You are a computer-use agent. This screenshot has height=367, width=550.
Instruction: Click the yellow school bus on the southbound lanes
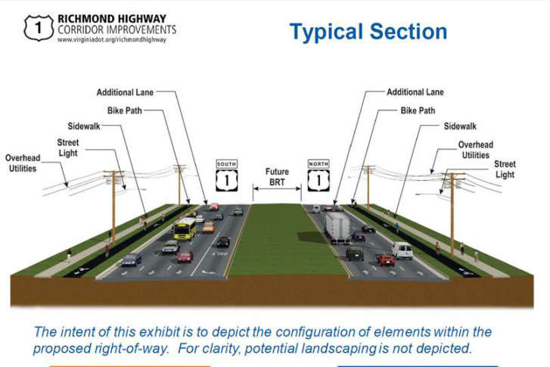click(184, 227)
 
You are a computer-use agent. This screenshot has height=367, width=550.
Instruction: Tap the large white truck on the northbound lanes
click(339, 226)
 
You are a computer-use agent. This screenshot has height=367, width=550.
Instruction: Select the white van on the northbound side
click(403, 250)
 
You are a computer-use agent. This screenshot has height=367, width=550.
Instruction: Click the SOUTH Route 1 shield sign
click(226, 176)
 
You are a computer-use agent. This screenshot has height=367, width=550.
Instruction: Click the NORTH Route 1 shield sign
click(319, 176)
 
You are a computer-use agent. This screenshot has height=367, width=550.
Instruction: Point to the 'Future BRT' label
click(277, 176)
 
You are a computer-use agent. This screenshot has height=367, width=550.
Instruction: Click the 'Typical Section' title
click(368, 32)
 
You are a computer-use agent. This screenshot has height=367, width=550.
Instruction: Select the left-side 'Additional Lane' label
click(125, 92)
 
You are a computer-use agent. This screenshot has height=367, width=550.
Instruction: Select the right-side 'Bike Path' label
click(418, 110)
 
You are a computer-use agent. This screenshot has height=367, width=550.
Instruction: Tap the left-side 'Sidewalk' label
click(83, 126)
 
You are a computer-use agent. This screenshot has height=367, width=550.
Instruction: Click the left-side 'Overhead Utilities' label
click(22, 163)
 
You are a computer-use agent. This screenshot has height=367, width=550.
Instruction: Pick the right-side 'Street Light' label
click(505, 169)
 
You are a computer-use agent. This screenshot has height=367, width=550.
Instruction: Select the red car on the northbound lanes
click(387, 259)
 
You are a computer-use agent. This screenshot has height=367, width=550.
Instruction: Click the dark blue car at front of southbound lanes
click(131, 260)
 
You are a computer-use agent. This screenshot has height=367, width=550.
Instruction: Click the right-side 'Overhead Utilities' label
click(475, 150)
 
